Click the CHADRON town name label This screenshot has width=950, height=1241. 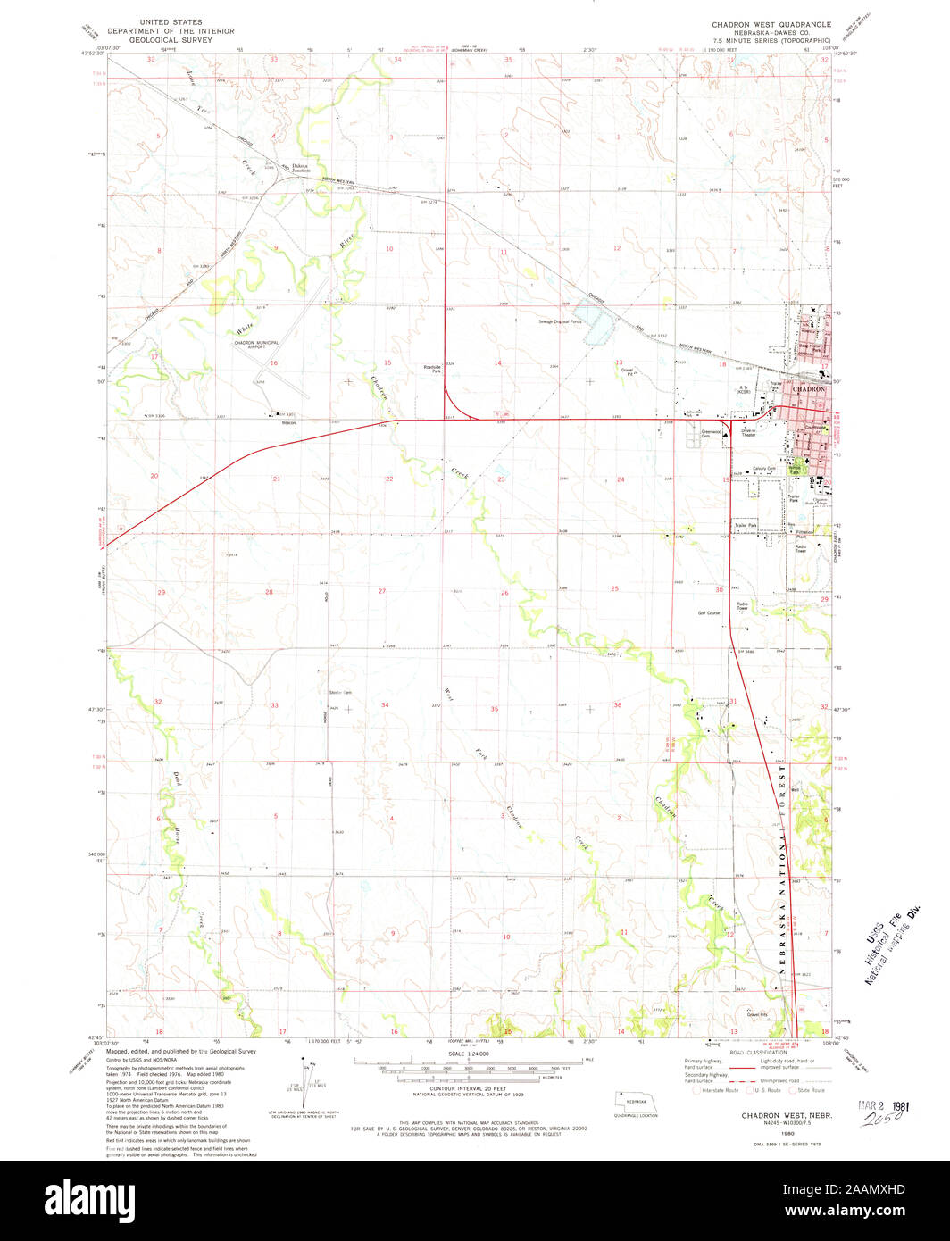pyautogui.click(x=809, y=389)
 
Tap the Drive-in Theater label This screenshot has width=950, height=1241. pyautogui.click(x=749, y=432)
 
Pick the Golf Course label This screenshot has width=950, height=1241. pyautogui.click(x=709, y=613)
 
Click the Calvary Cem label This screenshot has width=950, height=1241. pyautogui.click(x=763, y=469)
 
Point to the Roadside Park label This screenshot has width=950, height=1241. pyautogui.click(x=431, y=368)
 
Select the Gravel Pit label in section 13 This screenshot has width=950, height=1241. pyautogui.click(x=627, y=372)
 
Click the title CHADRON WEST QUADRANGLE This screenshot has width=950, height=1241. pyautogui.click(x=771, y=24)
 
